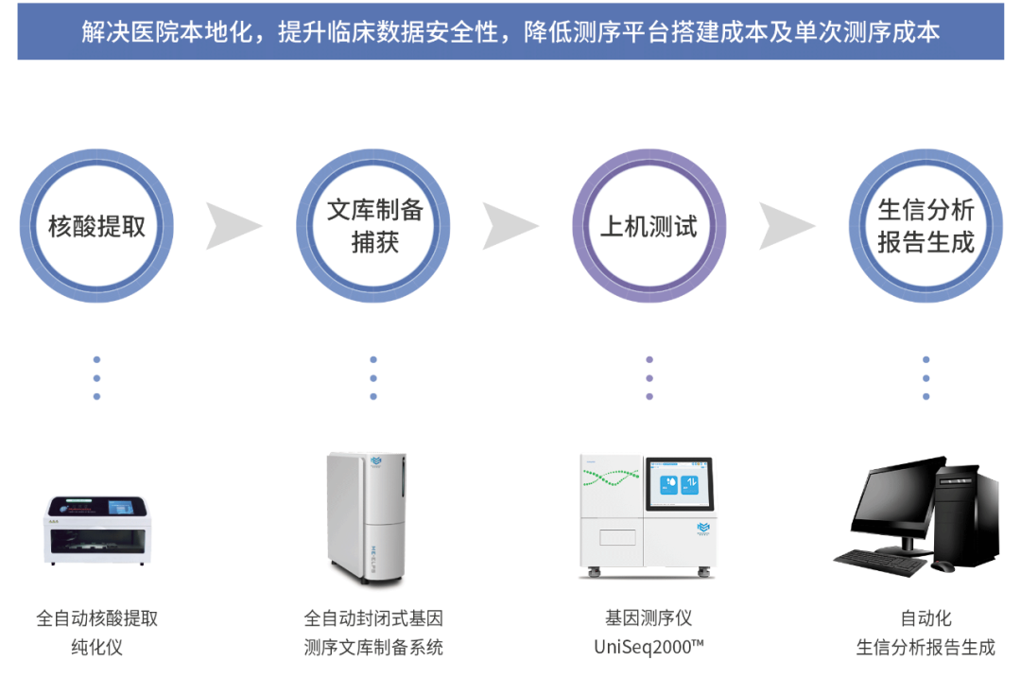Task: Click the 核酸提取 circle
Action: (x=96, y=226)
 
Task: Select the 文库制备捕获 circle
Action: (x=373, y=226)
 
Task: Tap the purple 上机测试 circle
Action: (x=649, y=226)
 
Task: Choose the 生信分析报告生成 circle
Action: (x=926, y=226)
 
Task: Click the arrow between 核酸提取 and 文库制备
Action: (x=234, y=226)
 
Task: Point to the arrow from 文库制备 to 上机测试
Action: (x=510, y=226)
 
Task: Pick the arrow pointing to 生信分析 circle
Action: (x=787, y=226)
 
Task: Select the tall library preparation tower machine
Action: (x=366, y=515)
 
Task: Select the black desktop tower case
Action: (x=969, y=515)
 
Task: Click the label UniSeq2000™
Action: (x=649, y=648)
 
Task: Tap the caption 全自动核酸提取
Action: (x=97, y=618)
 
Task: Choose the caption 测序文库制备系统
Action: (x=373, y=648)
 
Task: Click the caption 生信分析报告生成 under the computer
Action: (x=926, y=648)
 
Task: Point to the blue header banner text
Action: (x=510, y=31)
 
